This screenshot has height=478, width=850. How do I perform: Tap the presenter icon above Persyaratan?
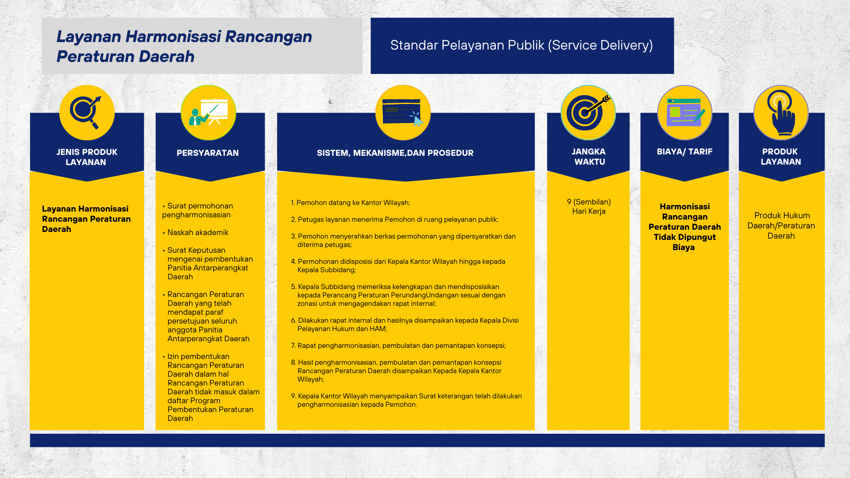click(x=209, y=112)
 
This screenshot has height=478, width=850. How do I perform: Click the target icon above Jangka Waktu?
click(x=588, y=112)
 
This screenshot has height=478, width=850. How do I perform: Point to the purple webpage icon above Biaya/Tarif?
click(x=685, y=112)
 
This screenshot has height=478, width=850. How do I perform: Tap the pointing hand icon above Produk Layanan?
click(x=781, y=112)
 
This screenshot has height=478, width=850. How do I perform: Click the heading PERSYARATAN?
click(x=208, y=153)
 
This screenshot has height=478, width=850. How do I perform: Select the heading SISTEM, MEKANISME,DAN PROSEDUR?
click(x=395, y=153)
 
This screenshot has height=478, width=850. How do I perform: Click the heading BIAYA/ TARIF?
click(x=685, y=152)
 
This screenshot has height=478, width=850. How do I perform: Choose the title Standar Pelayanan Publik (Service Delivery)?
click(x=522, y=45)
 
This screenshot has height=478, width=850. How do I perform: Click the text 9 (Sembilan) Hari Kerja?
click(x=589, y=206)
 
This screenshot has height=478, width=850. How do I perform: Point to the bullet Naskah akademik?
click(x=195, y=232)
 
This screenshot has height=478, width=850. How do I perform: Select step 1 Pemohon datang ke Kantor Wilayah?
click(x=351, y=203)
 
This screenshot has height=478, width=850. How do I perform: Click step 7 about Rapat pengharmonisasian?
click(x=398, y=346)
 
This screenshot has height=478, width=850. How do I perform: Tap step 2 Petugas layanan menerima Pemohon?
click(x=394, y=220)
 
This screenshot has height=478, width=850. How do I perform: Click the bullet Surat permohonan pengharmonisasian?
click(x=197, y=210)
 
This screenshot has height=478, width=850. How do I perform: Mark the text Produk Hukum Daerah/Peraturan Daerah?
click(x=781, y=226)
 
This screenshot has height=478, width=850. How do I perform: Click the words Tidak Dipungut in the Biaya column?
click(x=685, y=237)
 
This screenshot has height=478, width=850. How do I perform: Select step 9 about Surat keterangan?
click(x=406, y=400)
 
